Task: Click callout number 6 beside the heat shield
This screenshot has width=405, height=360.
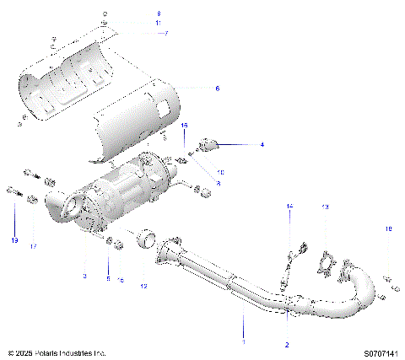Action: click(x=217, y=88)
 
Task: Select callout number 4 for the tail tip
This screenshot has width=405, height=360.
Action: click(x=262, y=145)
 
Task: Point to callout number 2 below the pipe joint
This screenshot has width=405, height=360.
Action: click(x=287, y=345)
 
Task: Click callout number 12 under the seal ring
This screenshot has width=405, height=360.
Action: click(x=143, y=287)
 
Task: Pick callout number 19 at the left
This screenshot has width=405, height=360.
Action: click(x=14, y=241)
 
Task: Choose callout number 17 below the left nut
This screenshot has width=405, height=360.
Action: click(x=34, y=247)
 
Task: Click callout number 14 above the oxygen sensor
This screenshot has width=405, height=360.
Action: click(x=289, y=207)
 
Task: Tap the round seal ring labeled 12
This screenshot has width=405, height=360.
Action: click(x=148, y=242)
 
